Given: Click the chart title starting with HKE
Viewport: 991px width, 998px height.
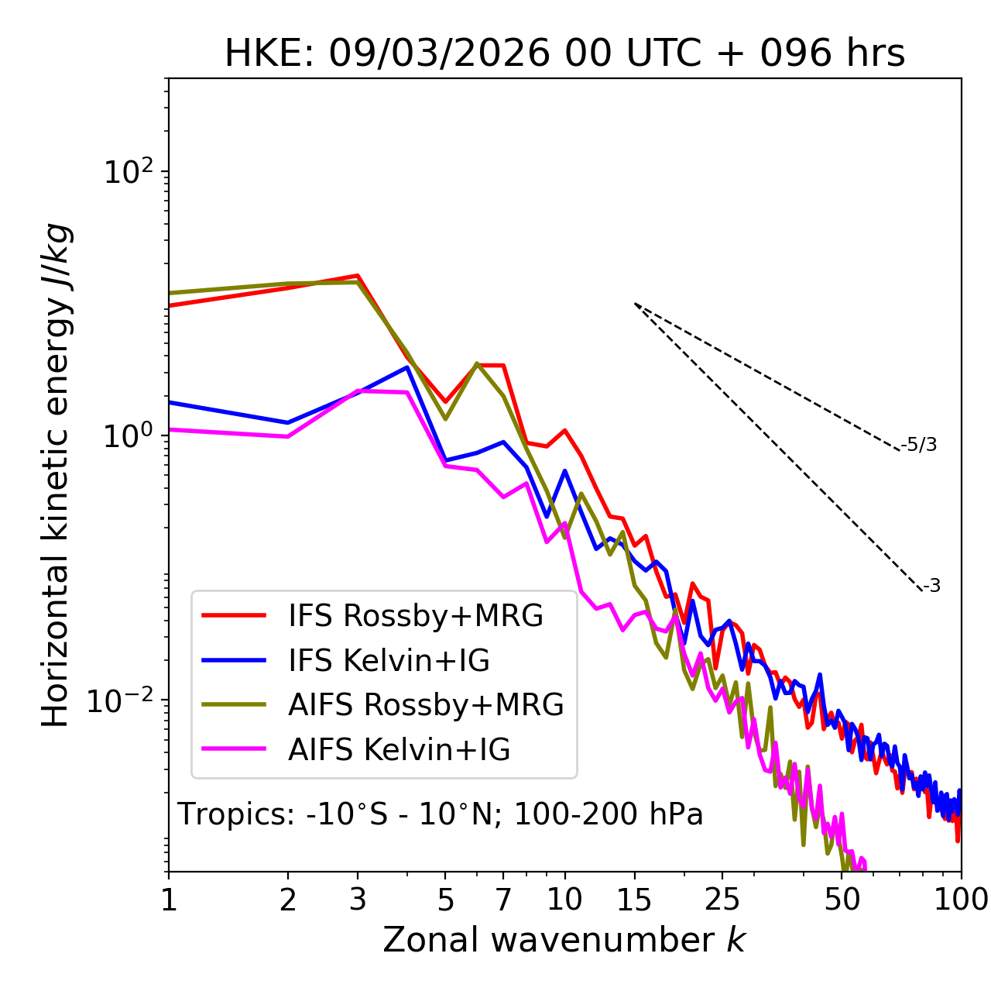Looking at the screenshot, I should point(564,54).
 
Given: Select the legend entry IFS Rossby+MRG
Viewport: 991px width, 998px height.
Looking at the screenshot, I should point(416,616).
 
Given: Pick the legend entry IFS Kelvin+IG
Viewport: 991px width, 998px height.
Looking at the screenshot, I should point(389,661).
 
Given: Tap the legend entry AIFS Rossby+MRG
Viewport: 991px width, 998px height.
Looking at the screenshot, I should point(426,705).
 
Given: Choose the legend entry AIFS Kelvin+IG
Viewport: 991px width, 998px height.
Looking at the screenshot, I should point(399,750).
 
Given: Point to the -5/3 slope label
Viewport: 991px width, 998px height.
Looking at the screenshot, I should point(919,445).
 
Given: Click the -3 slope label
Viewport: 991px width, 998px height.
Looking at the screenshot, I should point(931,586).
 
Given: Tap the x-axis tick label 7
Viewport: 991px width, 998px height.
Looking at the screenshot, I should point(503,900).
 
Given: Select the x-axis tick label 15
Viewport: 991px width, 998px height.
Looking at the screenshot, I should point(634,900).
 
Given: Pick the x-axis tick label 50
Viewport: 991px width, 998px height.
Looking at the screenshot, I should point(842,900).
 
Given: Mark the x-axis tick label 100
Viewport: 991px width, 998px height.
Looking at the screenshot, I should point(961,900).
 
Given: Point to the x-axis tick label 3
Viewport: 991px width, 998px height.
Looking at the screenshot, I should point(358,900).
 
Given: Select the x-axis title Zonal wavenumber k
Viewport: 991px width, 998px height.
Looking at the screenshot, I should point(564,941).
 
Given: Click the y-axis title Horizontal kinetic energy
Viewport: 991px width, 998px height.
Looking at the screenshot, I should point(57,475).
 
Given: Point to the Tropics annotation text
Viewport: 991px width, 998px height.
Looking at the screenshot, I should point(441,814).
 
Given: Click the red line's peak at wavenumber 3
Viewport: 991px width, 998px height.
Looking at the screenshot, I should point(358,275).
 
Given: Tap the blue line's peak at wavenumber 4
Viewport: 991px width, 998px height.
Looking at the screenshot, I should point(407,367).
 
